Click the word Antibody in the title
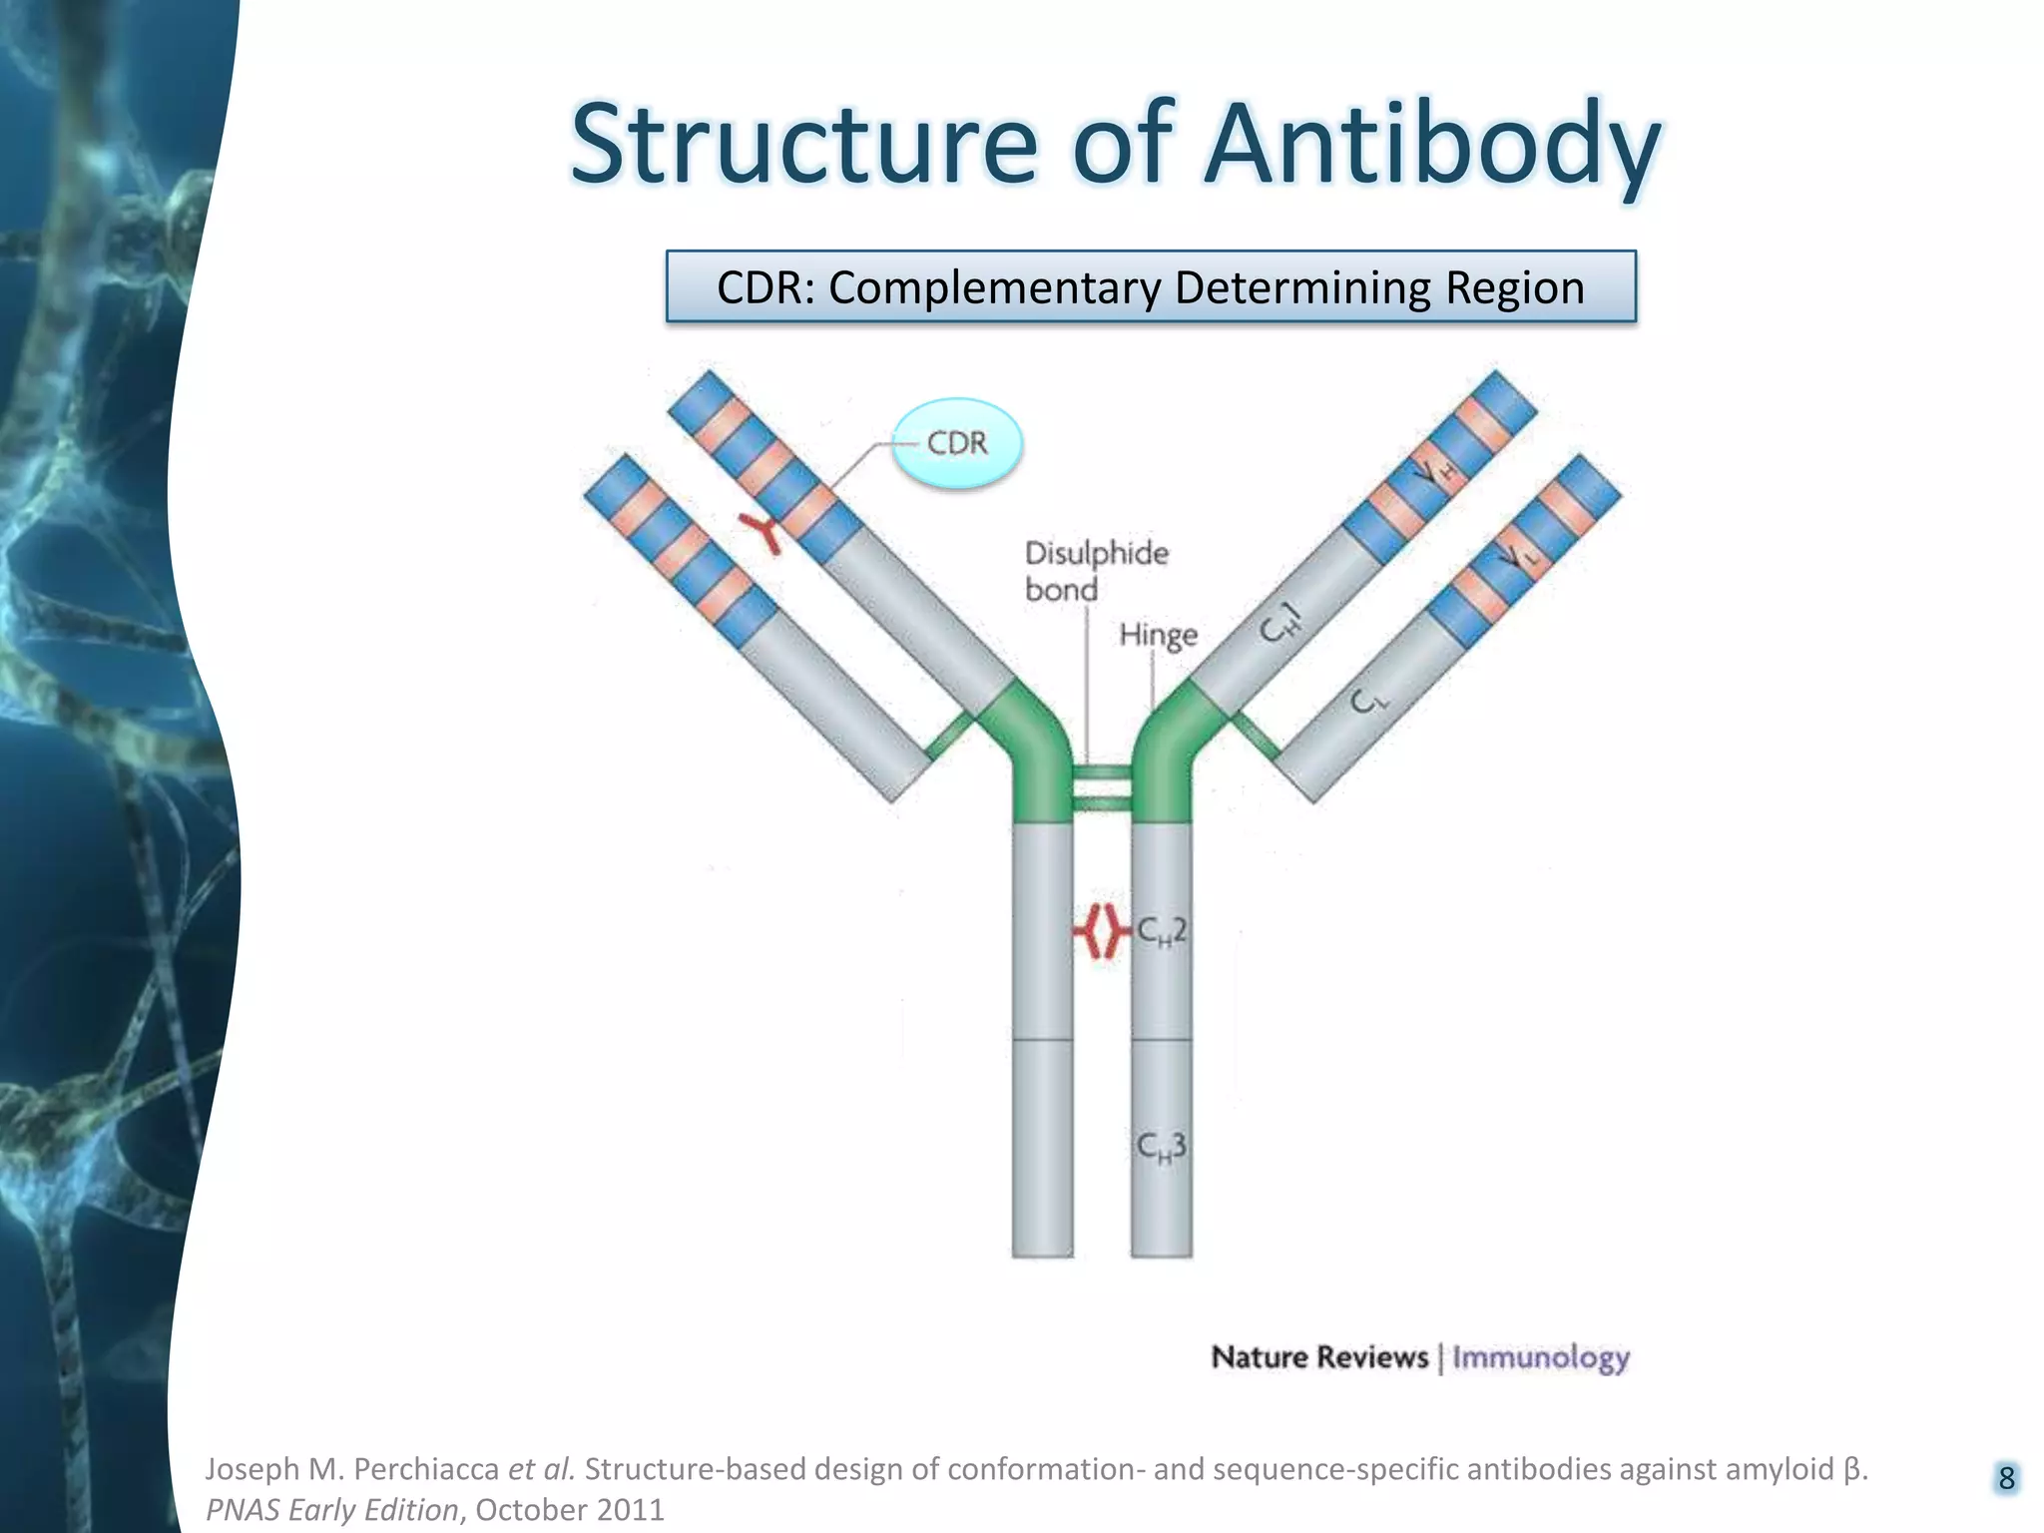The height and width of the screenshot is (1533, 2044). [x=1432, y=145]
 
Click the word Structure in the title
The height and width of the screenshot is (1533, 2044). [x=804, y=145]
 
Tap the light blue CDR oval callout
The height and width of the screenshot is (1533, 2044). [x=956, y=443]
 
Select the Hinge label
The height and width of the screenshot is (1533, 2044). [x=1158, y=635]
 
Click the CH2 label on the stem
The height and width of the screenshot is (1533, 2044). [x=1162, y=931]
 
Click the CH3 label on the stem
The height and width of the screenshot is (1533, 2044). [x=1162, y=1147]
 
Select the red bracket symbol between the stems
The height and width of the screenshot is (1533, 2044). [x=1099, y=931]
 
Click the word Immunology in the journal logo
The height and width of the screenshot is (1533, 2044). [x=1540, y=1358]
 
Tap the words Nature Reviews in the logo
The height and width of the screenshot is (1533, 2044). [x=1319, y=1358]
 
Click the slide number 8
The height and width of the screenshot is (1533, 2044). [x=2006, y=1478]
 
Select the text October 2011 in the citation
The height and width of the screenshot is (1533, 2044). [x=570, y=1510]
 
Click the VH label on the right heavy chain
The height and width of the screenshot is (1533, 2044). [x=1437, y=472]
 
